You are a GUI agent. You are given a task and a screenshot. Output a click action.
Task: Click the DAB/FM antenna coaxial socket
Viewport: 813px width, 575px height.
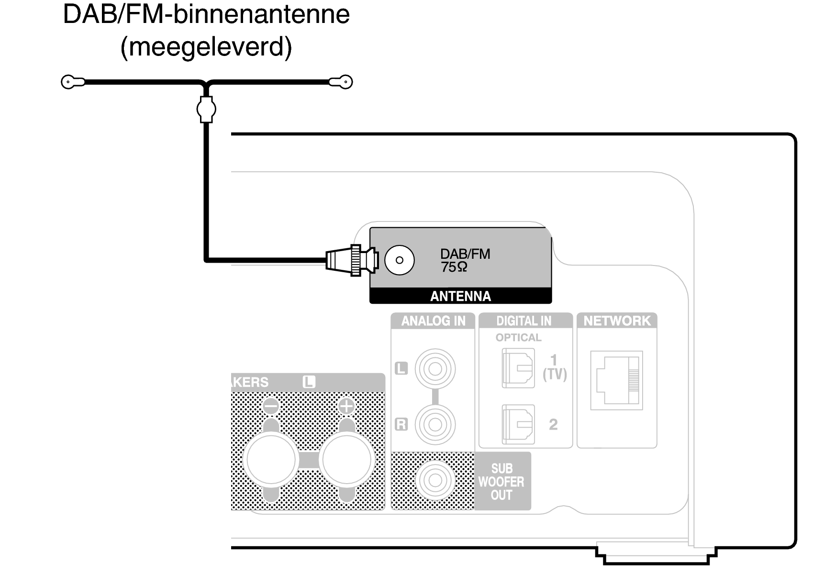pos(399,260)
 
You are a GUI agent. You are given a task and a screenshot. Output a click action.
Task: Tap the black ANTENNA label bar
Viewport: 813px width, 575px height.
pos(460,296)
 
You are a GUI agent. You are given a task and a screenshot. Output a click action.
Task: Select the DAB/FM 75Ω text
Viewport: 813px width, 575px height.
pos(465,260)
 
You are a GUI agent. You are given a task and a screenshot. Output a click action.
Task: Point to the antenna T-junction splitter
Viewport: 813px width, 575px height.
pos(206,109)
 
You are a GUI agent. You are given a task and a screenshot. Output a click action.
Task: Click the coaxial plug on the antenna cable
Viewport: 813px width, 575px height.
pos(352,260)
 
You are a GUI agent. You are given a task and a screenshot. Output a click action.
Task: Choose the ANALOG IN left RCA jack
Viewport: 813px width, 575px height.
pos(435,369)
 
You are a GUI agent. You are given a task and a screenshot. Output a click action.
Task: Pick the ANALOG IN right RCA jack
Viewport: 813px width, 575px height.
pos(435,424)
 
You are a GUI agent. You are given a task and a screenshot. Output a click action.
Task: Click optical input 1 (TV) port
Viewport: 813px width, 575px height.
pos(518,368)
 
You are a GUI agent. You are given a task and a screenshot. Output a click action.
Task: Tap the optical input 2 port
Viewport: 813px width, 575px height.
pos(518,424)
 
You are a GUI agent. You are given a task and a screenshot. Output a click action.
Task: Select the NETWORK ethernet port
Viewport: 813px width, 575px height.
pos(616,380)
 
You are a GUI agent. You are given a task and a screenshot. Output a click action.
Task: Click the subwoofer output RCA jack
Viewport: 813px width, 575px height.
pos(435,480)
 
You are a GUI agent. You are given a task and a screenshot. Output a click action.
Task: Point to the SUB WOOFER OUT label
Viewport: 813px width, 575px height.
pos(501,481)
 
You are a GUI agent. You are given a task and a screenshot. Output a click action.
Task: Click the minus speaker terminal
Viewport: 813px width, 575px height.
pos(270,459)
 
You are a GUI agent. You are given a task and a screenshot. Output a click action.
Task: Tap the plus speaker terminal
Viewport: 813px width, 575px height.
pos(346,459)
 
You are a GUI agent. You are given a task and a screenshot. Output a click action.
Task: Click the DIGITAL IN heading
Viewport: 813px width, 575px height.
pos(523,321)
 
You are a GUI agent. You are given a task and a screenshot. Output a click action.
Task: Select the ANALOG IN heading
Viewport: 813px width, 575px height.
pos(433,321)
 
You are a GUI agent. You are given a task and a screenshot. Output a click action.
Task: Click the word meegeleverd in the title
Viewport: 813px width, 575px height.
pos(206,47)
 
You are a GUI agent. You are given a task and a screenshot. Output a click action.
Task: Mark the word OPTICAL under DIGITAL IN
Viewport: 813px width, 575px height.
pos(518,338)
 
